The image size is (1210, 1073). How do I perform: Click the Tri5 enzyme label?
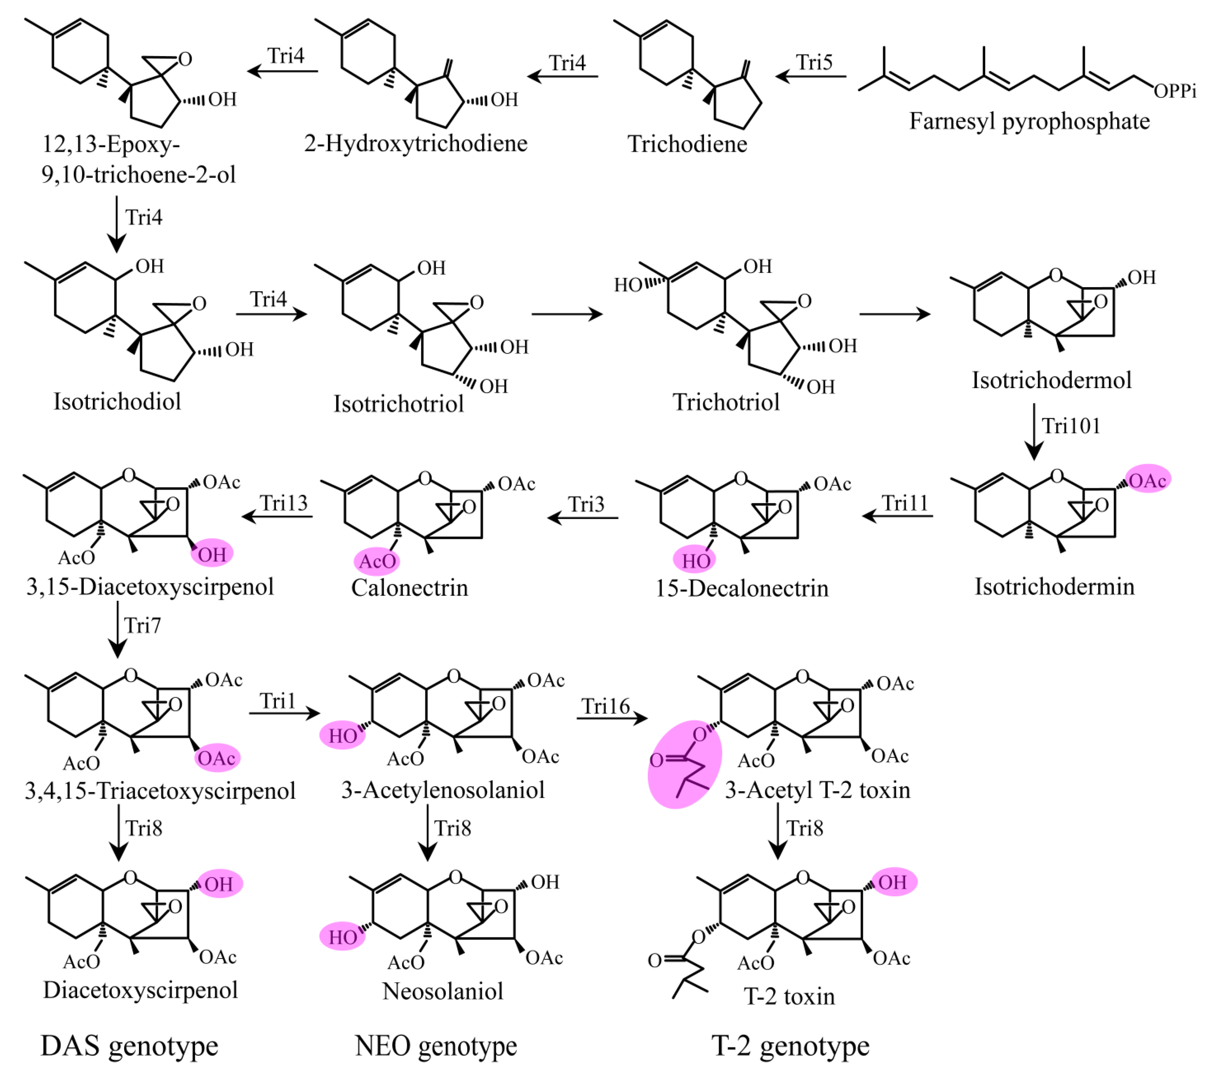[814, 62]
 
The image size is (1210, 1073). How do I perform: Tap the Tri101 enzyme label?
[1070, 426]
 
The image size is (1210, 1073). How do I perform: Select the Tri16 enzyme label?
[605, 706]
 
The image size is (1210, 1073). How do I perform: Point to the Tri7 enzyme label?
[142, 625]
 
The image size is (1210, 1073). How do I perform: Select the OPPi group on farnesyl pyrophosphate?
[1175, 90]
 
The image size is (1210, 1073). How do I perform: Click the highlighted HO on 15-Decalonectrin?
[695, 560]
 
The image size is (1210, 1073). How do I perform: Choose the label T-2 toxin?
[789, 997]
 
